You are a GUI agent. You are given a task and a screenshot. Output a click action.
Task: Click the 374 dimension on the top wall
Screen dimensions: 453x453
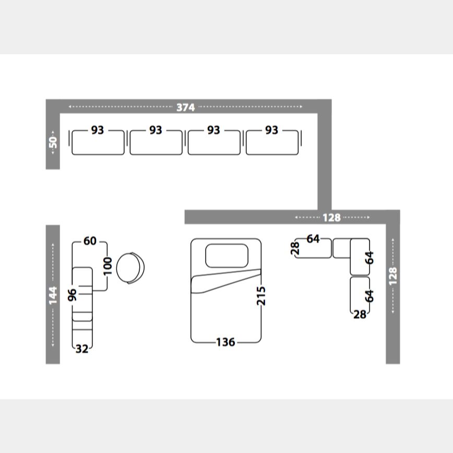(x=185, y=107)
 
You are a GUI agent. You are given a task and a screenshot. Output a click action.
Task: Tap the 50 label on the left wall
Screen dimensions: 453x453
(x=53, y=142)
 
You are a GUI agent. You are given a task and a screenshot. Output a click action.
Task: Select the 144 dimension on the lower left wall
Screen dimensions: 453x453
(x=53, y=295)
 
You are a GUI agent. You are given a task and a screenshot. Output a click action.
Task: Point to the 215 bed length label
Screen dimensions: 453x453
(x=261, y=295)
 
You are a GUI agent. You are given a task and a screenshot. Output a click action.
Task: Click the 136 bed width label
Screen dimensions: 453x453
(x=225, y=342)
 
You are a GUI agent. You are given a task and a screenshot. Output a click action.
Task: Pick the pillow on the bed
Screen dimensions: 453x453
(x=227, y=256)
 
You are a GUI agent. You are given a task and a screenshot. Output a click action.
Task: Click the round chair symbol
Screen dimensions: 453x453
(x=130, y=268)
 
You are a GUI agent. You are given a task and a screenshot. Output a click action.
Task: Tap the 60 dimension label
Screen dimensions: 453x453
(x=90, y=241)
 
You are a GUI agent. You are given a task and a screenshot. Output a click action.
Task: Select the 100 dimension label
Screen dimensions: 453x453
(x=107, y=266)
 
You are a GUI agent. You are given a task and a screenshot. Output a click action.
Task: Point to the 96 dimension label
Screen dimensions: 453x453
(x=72, y=295)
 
